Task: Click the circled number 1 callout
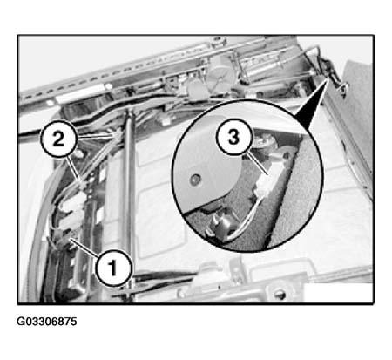point(114,267)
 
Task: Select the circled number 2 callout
point(58,139)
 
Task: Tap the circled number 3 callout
point(234,137)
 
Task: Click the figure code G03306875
point(47,322)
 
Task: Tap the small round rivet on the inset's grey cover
point(195,180)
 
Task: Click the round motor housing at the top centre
point(221,71)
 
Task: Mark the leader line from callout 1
point(84,247)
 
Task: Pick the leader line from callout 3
point(256,164)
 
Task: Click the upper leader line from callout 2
point(96,136)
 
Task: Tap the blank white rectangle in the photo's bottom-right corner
point(338,293)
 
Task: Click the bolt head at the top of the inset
point(264,142)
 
